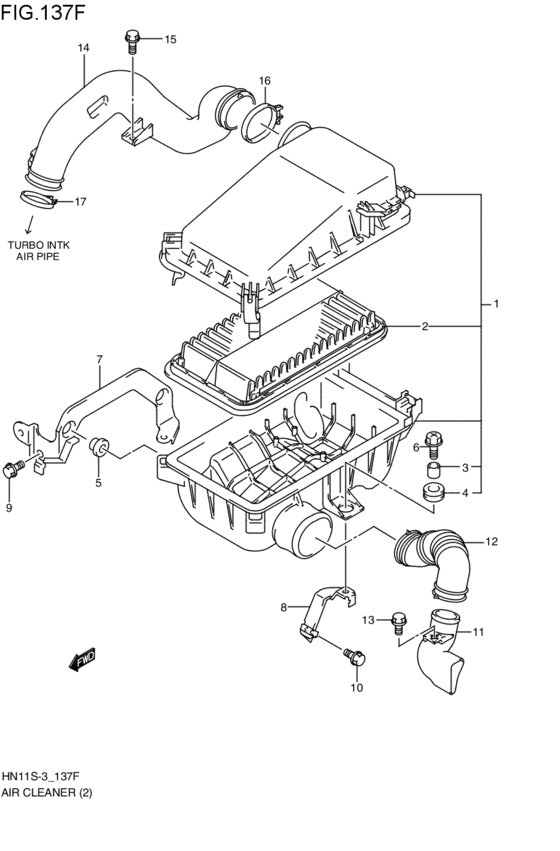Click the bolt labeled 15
(x=132, y=42)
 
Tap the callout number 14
(x=83, y=48)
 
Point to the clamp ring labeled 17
(x=38, y=199)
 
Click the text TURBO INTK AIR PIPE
(x=39, y=251)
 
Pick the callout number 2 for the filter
(x=425, y=326)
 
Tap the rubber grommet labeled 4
(x=433, y=492)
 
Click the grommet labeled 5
(x=98, y=447)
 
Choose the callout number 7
(x=99, y=359)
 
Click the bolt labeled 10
(x=355, y=656)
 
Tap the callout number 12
(x=491, y=541)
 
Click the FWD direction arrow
(x=82, y=659)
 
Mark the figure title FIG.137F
(x=43, y=11)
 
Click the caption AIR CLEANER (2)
(x=47, y=793)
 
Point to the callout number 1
(x=495, y=304)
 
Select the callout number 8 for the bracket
(x=283, y=608)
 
